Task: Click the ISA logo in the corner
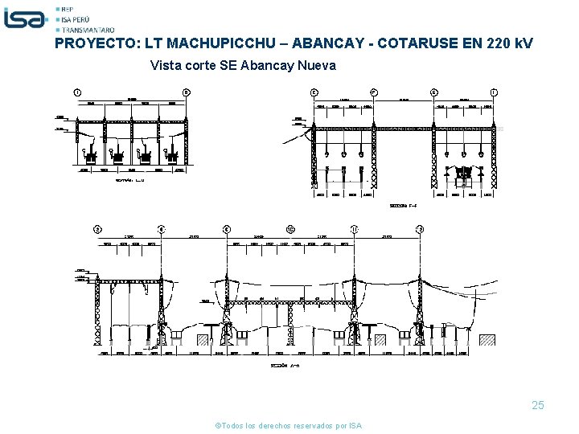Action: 25,17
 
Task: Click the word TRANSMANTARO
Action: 89,29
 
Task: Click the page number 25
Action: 537,406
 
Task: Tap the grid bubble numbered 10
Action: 290,229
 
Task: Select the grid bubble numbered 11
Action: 355,229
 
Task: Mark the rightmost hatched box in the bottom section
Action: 489,340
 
